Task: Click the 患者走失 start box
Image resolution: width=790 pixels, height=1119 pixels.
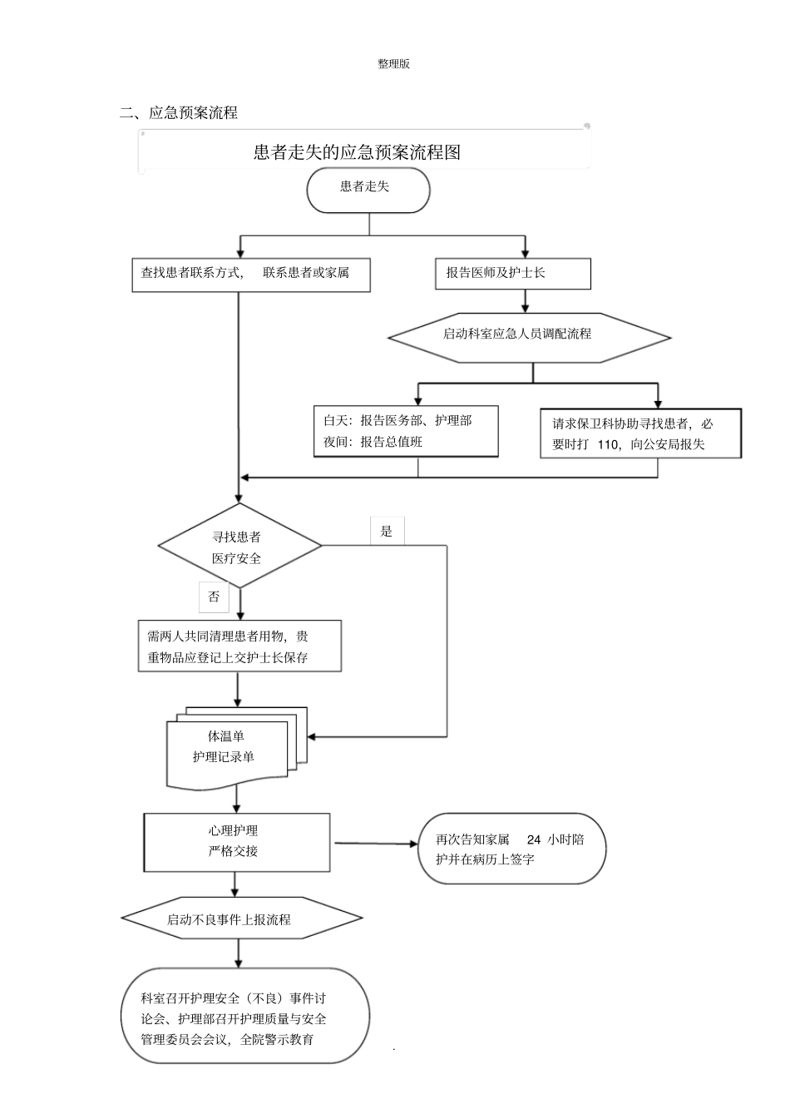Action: [368, 191]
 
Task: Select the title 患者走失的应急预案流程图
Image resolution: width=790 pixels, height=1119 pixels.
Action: [357, 152]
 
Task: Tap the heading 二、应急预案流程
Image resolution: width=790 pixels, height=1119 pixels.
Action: [180, 113]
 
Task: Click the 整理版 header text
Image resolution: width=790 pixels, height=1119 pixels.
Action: [393, 64]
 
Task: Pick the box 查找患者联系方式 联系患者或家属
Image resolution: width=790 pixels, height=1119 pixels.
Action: [250, 274]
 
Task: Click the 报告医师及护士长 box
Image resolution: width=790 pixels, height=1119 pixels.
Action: [512, 274]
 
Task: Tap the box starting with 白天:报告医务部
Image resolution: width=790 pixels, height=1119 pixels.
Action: [405, 432]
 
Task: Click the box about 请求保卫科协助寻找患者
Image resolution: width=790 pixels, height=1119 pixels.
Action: [639, 433]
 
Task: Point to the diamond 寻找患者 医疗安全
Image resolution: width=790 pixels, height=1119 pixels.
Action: [239, 547]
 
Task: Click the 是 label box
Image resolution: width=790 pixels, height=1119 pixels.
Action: [387, 531]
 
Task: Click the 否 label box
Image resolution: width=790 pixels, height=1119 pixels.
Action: [214, 597]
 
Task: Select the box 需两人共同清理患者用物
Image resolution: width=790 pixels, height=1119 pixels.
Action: [239, 646]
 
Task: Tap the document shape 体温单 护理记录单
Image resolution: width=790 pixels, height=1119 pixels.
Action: [229, 748]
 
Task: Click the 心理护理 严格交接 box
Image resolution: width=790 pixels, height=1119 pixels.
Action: [236, 841]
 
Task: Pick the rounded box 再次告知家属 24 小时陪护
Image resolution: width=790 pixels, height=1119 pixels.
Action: [510, 849]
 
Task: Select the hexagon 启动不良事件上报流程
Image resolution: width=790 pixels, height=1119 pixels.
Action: [241, 919]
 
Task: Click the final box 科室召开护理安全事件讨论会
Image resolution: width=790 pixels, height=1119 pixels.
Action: [244, 1016]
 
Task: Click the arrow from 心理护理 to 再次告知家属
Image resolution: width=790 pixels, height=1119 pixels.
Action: [376, 844]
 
